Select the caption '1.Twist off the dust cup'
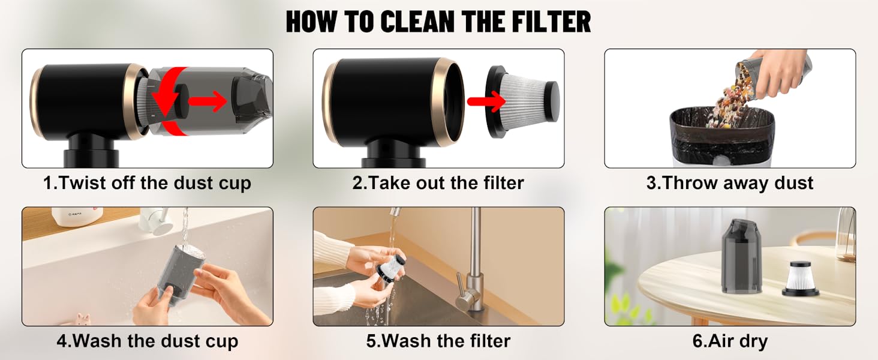pos(147,183)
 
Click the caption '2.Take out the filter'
pos(438,183)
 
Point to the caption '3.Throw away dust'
pos(730,183)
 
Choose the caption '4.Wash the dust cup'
pos(147,341)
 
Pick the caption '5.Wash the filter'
pos(438,341)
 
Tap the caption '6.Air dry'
pos(730,341)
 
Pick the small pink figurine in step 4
pos(82,319)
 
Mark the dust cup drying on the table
pos(741,256)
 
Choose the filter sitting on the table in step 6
pos(800,279)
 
